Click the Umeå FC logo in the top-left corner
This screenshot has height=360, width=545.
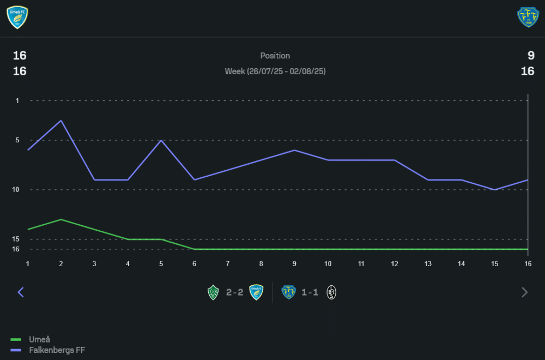point(17,17)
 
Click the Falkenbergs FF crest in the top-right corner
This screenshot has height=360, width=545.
point(528,17)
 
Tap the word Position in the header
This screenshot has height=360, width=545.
point(275,56)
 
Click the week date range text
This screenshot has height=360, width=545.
point(275,71)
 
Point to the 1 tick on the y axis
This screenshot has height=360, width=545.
point(17,101)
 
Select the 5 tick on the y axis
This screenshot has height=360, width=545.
point(17,140)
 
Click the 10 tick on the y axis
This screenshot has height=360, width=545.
point(17,190)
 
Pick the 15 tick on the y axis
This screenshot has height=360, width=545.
point(17,239)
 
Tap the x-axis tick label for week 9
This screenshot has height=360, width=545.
point(294,264)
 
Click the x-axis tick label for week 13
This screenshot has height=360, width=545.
point(428,264)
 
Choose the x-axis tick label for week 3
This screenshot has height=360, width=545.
point(94,264)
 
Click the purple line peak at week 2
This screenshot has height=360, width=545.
point(61,121)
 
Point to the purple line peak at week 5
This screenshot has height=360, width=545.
point(161,140)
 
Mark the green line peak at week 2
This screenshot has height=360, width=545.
point(61,219)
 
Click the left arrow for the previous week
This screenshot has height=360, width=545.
point(21,292)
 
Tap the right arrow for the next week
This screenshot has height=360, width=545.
point(525,292)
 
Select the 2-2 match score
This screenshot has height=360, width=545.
point(235,292)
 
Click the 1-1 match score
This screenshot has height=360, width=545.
point(310,292)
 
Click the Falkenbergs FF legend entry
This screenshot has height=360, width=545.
point(57,350)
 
